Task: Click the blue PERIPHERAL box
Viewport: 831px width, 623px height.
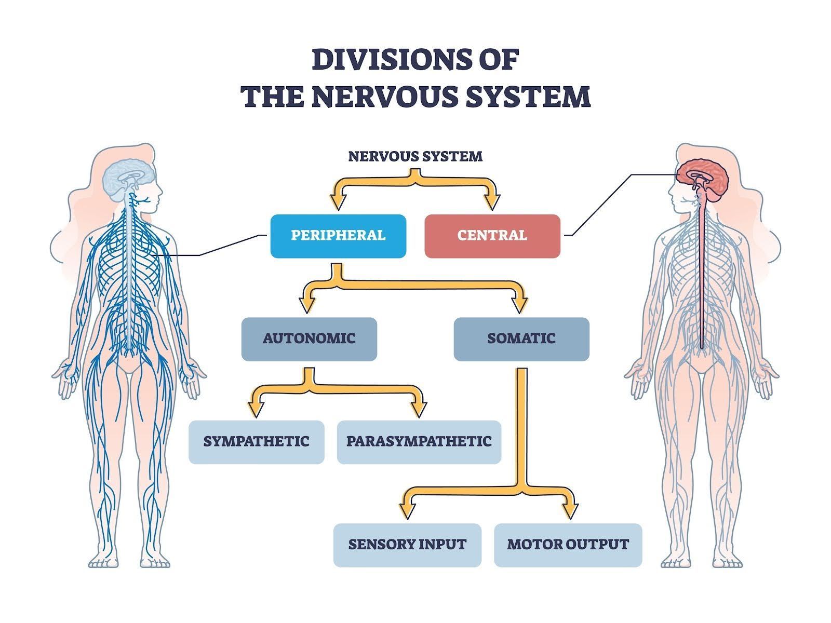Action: coord(338,236)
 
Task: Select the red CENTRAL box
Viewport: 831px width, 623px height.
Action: coord(492,236)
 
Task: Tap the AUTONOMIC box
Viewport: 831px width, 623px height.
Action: coord(309,339)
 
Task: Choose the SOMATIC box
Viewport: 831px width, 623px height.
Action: coord(521,339)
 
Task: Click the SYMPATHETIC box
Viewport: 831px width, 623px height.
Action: coord(256,442)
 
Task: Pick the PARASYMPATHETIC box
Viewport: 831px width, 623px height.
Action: coord(419,442)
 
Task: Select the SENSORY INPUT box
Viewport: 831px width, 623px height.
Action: coord(407,545)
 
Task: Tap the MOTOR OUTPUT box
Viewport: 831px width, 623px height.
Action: coord(568,545)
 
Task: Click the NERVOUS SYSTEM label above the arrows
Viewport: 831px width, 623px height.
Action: coord(415,156)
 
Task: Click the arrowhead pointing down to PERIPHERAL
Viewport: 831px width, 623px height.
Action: coord(339,201)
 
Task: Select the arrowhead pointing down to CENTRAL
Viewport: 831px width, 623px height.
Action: coord(491,201)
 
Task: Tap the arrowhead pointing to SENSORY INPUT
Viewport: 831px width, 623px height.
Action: coord(407,511)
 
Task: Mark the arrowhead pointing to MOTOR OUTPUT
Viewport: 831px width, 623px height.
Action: coord(570,511)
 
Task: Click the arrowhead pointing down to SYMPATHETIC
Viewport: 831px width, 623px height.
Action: coord(256,409)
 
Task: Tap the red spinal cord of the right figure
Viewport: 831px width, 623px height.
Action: coord(701,270)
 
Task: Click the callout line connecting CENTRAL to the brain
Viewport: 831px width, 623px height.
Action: coord(602,205)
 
